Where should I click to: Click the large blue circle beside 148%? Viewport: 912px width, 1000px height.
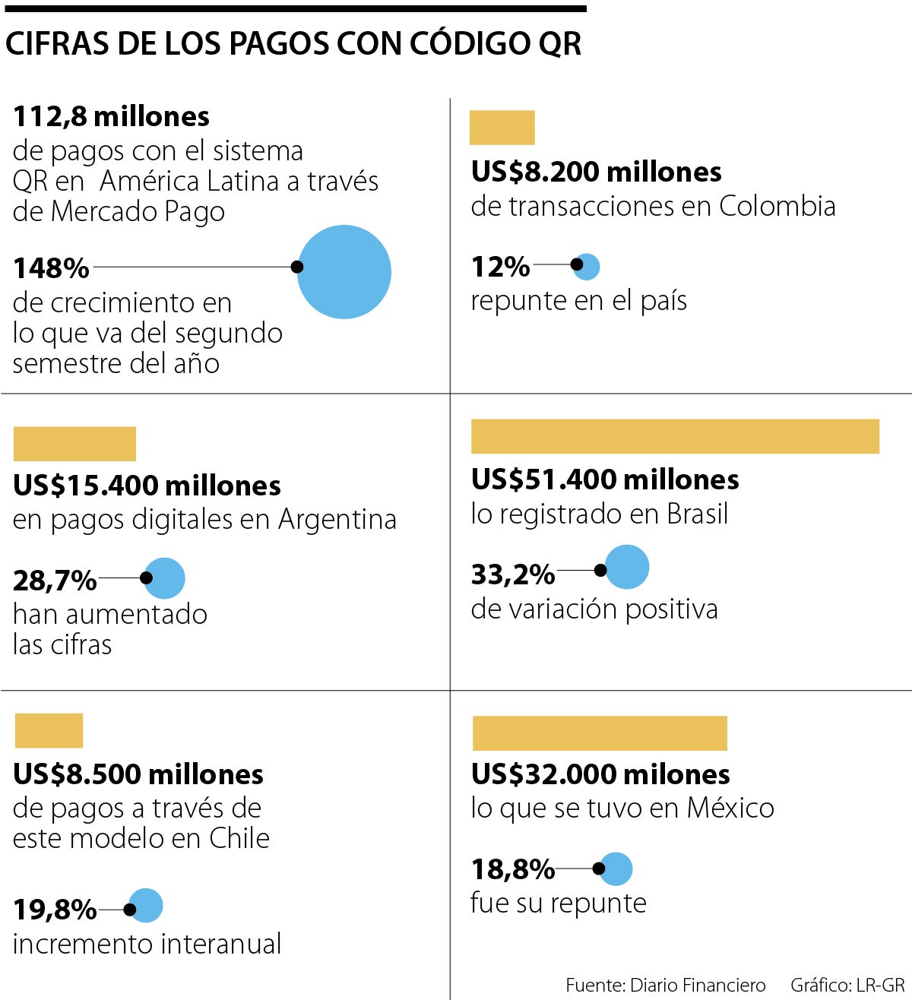[x=344, y=272]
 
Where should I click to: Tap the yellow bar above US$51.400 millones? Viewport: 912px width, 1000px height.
[x=675, y=436]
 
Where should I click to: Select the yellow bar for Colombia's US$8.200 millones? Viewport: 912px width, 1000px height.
[x=502, y=128]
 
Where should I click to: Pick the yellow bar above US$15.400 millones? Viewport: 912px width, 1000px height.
[x=74, y=444]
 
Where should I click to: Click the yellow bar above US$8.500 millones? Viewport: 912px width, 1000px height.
[x=49, y=730]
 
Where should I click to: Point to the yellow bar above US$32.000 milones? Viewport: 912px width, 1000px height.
[x=600, y=733]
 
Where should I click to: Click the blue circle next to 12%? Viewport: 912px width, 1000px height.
[x=587, y=266]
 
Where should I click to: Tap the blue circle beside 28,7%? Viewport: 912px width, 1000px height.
[x=164, y=578]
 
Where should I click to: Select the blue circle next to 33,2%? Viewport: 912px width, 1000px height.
[x=627, y=567]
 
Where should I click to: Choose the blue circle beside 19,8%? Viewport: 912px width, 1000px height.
[x=146, y=906]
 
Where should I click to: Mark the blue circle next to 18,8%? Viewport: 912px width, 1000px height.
[x=616, y=869]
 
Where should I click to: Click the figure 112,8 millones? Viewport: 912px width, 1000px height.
[x=111, y=116]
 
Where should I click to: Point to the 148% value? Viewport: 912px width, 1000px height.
[x=51, y=268]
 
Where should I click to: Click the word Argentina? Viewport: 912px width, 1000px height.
[x=337, y=520]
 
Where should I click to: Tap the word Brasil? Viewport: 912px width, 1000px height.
[x=698, y=514]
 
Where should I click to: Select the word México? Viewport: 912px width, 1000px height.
[x=730, y=808]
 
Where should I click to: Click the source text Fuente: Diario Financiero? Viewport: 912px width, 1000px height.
[x=665, y=986]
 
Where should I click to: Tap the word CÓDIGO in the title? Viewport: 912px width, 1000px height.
[x=470, y=44]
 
